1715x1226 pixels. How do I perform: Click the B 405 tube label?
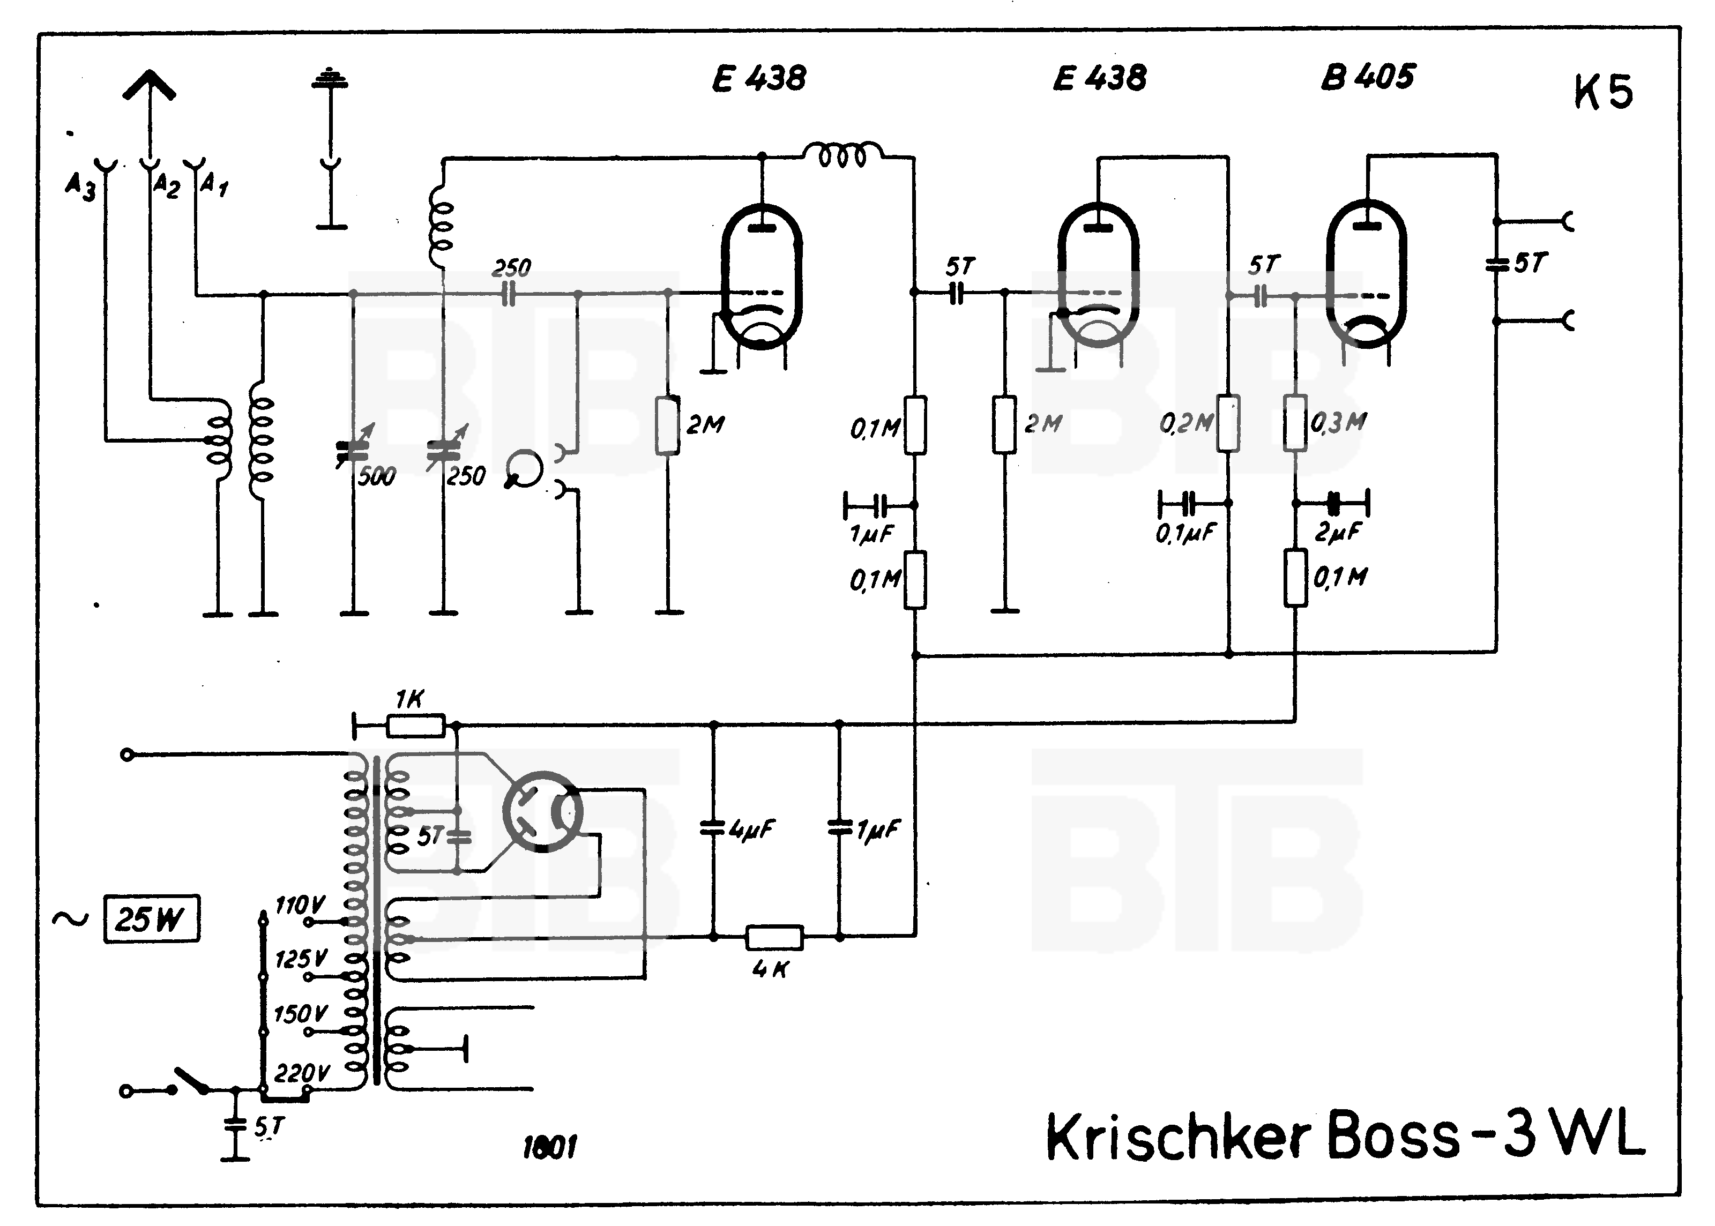[x=1368, y=77]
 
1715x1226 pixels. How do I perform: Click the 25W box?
[x=151, y=919]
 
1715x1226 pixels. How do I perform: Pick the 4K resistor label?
[x=770, y=969]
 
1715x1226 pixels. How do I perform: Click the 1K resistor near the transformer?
[x=416, y=726]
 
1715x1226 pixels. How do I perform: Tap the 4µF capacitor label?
[x=752, y=829]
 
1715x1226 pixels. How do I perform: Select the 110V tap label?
[x=300, y=904]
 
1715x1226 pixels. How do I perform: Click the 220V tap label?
[x=301, y=1073]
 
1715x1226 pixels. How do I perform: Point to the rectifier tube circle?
[x=543, y=812]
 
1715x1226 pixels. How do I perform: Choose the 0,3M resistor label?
[x=1338, y=423]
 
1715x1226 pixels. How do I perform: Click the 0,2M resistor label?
[x=1186, y=423]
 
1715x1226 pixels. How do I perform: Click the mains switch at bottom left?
[x=192, y=1080]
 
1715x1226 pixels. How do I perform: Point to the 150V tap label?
[x=300, y=1014]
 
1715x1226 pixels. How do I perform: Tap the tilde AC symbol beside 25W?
[x=70, y=919]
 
